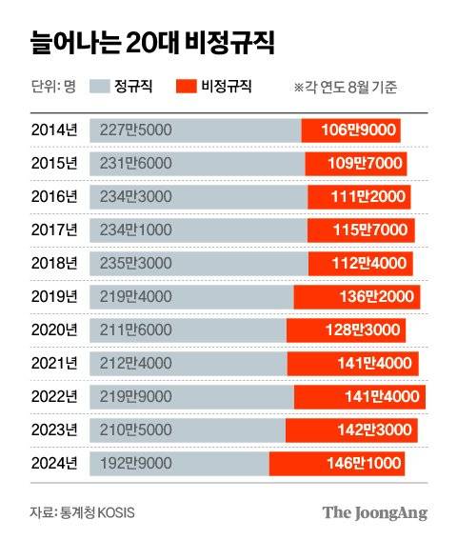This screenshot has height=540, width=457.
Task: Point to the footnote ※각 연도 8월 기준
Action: coord(346,88)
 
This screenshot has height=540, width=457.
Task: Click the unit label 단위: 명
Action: coord(53,87)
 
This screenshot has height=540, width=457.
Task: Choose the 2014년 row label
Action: coord(53,130)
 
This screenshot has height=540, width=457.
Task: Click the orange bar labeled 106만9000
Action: coord(350,130)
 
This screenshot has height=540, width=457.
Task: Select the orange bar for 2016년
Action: coord(358,197)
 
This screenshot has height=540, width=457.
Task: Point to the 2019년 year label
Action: coord(53,297)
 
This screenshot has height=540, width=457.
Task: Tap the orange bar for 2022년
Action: coord(359,396)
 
